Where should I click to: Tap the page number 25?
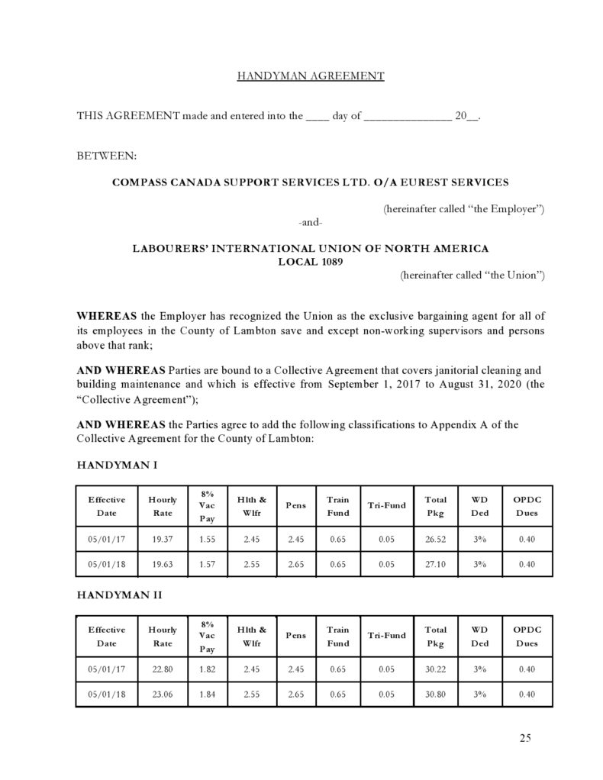click(524, 737)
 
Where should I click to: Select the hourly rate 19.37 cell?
click(162, 539)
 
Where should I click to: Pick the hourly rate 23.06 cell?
click(162, 694)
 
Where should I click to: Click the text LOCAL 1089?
click(310, 262)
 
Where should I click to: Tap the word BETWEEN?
click(107, 156)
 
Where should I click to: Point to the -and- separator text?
click(310, 222)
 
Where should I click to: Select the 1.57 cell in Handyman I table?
click(205, 565)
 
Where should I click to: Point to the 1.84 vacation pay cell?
click(205, 694)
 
